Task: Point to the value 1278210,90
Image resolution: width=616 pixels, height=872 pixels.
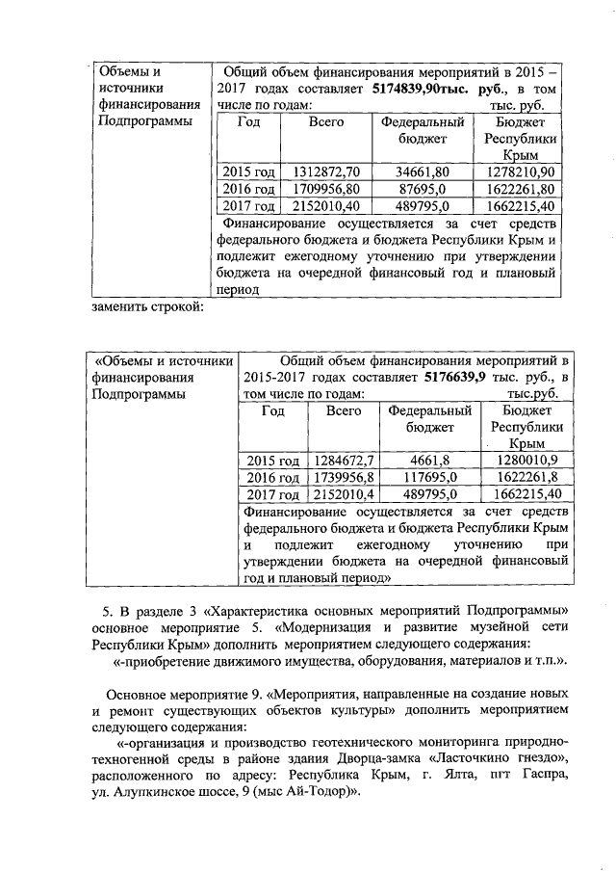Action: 521,172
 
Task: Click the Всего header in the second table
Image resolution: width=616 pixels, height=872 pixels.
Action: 344,410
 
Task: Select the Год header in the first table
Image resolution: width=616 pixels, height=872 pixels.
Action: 248,122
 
